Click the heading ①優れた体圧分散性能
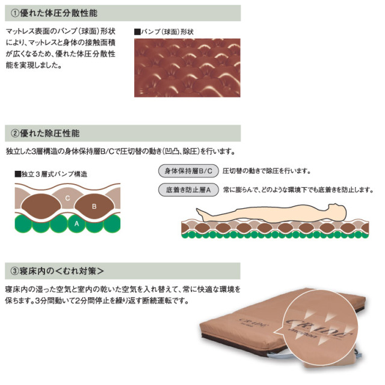(54, 13)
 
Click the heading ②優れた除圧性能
(45, 134)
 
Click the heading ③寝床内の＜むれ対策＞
(57, 271)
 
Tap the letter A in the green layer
(76, 224)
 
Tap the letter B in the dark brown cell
(94, 206)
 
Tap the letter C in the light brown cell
(67, 198)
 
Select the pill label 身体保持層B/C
(188, 171)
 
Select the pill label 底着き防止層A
(188, 190)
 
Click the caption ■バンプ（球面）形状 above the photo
(164, 32)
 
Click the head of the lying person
(338, 211)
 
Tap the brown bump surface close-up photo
(187, 68)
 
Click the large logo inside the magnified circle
(319, 329)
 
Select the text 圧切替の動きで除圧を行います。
(266, 171)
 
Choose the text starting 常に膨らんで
(298, 190)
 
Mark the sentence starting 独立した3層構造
(120, 151)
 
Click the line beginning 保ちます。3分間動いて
(97, 301)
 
